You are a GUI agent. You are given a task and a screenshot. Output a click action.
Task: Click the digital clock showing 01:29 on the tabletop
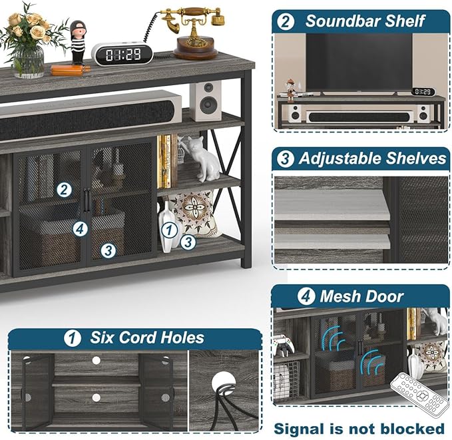tap(122, 54)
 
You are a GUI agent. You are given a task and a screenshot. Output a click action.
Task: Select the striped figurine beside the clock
tap(78, 43)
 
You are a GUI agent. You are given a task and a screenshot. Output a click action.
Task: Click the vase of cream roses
tap(31, 40)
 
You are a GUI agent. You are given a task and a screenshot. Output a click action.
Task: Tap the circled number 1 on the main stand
tap(170, 230)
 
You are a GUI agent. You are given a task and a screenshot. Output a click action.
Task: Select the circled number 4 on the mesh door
tap(80, 228)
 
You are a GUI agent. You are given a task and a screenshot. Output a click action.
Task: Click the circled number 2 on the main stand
tap(64, 190)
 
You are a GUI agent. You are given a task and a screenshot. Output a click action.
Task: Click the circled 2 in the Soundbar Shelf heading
tap(286, 21)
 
